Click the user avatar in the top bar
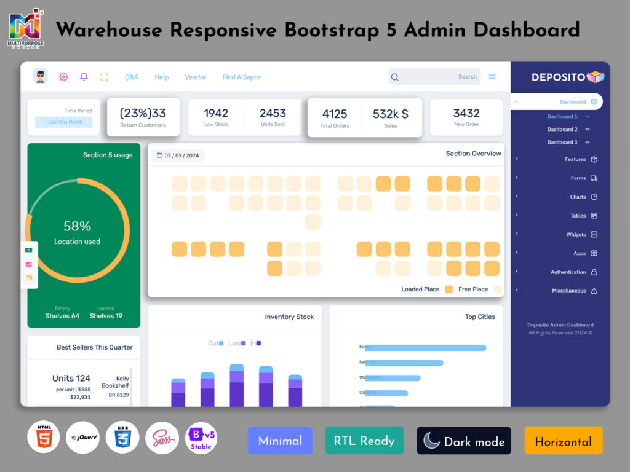[x=40, y=76]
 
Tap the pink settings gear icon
[x=63, y=77]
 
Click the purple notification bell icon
[x=84, y=77]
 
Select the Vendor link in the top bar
[x=195, y=77]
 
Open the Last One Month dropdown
[x=63, y=122]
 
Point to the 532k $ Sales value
[x=390, y=114]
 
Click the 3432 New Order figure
[x=466, y=113]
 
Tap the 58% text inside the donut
[x=77, y=226]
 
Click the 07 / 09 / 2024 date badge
[x=178, y=155]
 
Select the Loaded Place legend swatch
[x=449, y=289]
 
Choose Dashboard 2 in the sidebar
[x=562, y=129]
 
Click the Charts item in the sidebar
[x=578, y=197]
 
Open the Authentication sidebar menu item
[x=568, y=272]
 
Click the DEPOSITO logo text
[x=559, y=77]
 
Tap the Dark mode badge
[x=464, y=441]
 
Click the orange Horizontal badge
[x=563, y=441]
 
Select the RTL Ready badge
[x=364, y=441]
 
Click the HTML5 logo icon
[x=44, y=437]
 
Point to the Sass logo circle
[x=162, y=438]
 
